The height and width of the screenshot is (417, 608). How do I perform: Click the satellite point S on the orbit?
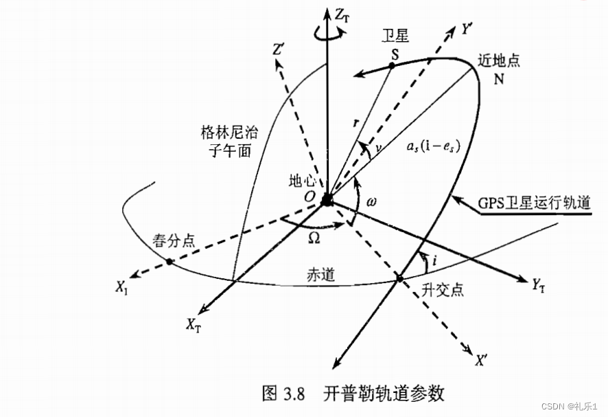pyautogui.click(x=391, y=65)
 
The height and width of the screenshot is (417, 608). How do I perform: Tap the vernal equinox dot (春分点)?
pyautogui.click(x=168, y=262)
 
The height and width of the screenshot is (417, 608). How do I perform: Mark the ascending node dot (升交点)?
pyautogui.click(x=399, y=278)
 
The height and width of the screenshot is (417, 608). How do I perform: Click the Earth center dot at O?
pyautogui.click(x=327, y=199)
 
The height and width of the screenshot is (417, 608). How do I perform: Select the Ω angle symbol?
pyautogui.click(x=314, y=236)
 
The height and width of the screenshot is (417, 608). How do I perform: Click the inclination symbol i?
pyautogui.click(x=430, y=261)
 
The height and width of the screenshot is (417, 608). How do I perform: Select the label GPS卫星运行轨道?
pyautogui.click(x=532, y=204)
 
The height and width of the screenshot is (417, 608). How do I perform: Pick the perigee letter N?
pyautogui.click(x=498, y=77)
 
